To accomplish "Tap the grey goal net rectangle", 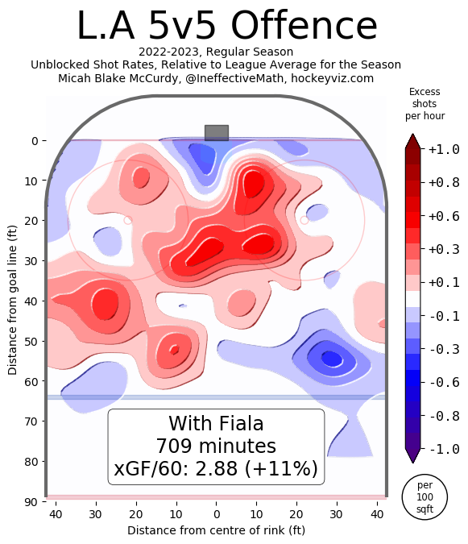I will (x=217, y=133).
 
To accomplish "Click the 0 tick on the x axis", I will (x=216, y=515).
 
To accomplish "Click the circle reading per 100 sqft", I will (x=425, y=498).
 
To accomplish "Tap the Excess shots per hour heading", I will (x=425, y=104).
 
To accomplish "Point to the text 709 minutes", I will (x=216, y=446).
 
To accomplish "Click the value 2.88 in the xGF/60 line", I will (x=224, y=468).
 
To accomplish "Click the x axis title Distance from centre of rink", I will (x=216, y=530).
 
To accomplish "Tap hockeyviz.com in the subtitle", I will (x=332, y=78).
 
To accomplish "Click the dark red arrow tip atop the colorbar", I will (x=412, y=139).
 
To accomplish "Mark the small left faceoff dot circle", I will (x=127, y=219).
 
